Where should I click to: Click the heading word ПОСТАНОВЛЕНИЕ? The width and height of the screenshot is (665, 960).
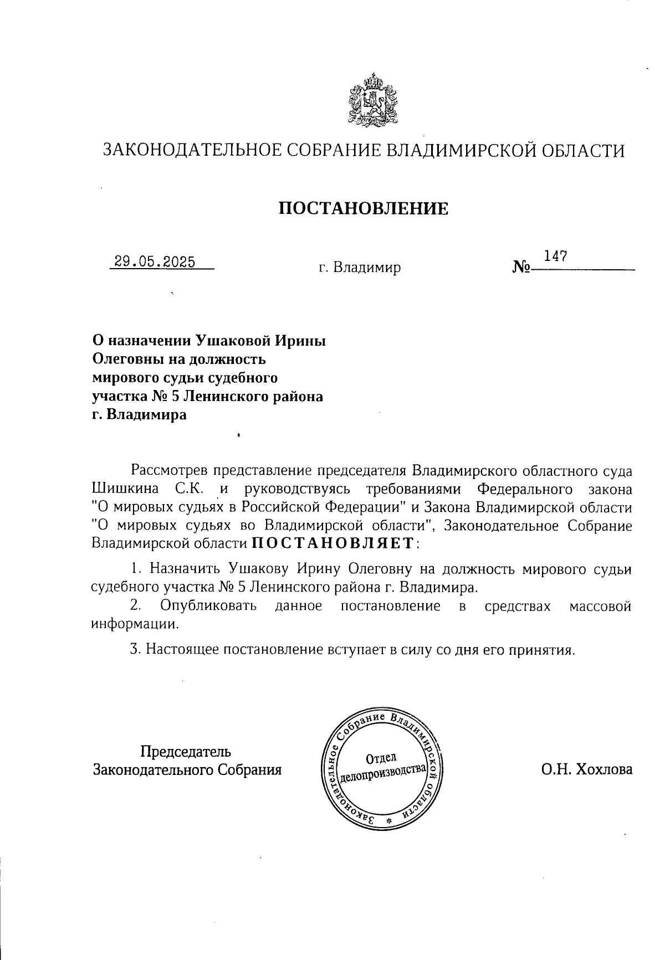click(x=362, y=208)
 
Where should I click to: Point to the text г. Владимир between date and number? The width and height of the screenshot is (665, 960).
click(x=359, y=269)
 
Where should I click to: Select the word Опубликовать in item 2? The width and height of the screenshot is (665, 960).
click(x=208, y=605)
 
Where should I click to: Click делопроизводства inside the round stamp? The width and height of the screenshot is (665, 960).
click(x=382, y=774)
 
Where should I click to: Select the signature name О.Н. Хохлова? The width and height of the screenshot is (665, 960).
click(x=587, y=769)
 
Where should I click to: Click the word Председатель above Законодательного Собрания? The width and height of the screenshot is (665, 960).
click(x=186, y=752)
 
